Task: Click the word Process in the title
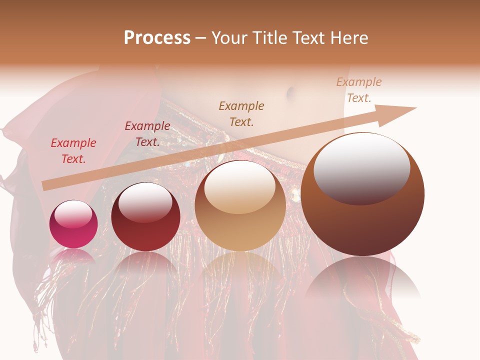click(157, 38)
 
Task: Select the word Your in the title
click(230, 38)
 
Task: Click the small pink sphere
click(73, 224)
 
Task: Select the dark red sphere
click(145, 217)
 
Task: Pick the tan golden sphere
click(240, 206)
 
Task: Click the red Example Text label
click(73, 151)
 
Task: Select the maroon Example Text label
click(147, 134)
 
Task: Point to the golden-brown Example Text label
click(241, 113)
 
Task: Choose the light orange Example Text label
click(358, 90)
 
